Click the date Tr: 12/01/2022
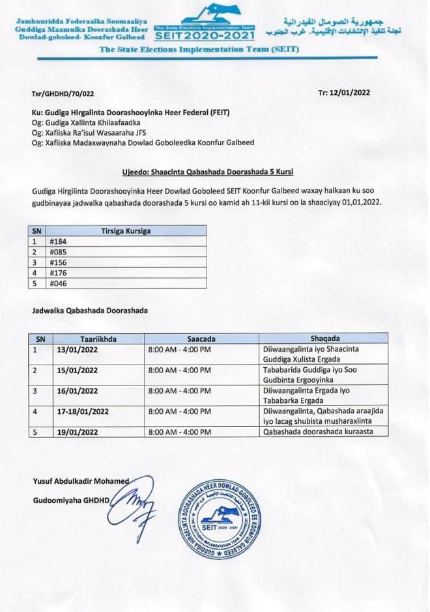tap(344, 92)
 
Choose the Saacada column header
tap(201, 339)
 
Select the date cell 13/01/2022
tap(78, 350)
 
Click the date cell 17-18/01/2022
tap(83, 411)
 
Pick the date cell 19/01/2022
tap(78, 432)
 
